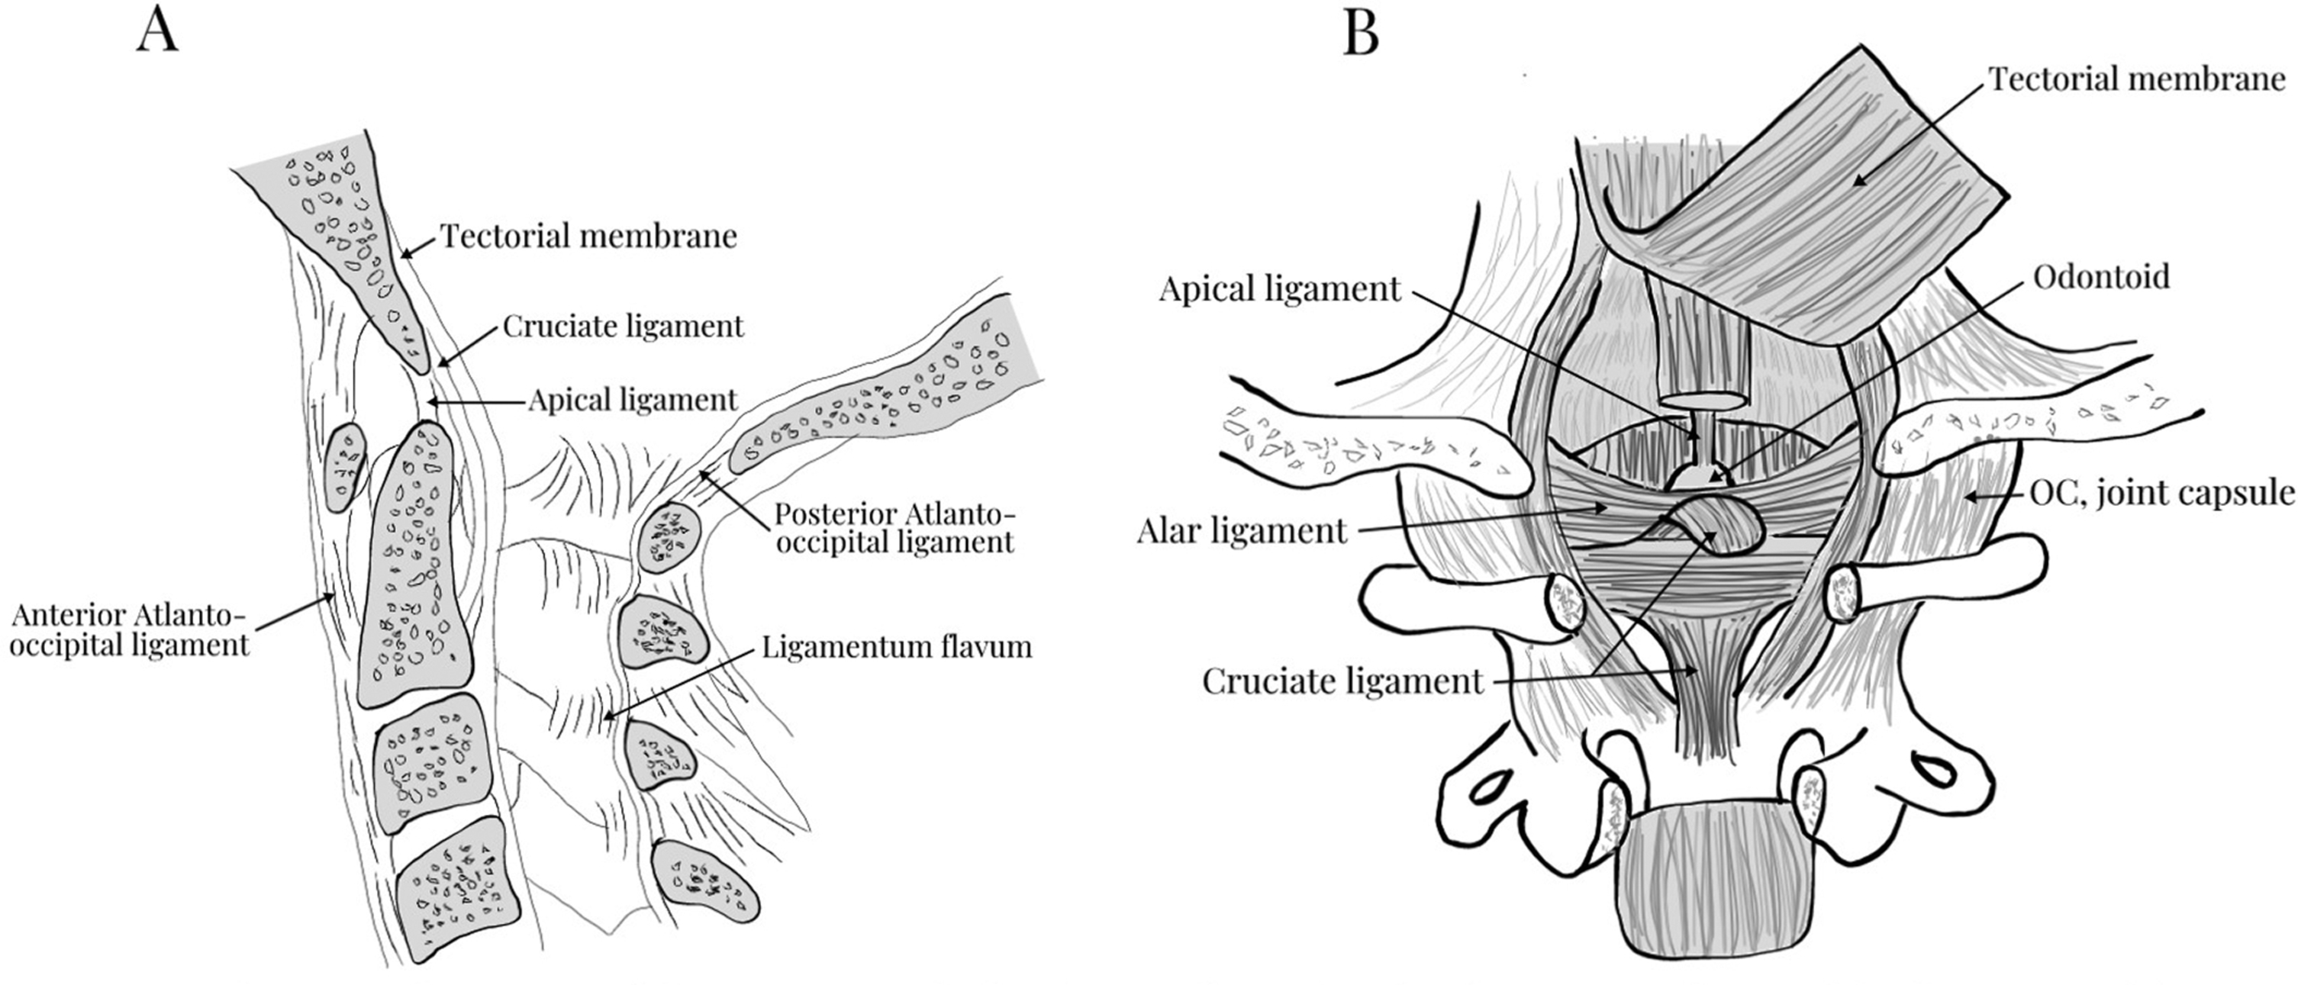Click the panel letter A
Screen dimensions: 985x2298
[158, 32]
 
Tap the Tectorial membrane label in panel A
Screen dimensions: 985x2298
[588, 237]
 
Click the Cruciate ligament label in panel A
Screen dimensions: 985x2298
[623, 327]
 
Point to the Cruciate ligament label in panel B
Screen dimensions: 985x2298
[1342, 681]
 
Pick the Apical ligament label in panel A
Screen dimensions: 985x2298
[633, 400]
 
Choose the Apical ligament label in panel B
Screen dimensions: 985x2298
[1280, 289]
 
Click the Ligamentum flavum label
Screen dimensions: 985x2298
[897, 646]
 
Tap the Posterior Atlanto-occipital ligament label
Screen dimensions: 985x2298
[894, 528]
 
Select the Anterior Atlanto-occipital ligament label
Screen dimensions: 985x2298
[131, 630]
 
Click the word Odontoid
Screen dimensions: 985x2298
[2101, 278]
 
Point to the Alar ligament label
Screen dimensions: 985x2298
[1241, 532]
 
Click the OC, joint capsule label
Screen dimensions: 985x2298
[2161, 493]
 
